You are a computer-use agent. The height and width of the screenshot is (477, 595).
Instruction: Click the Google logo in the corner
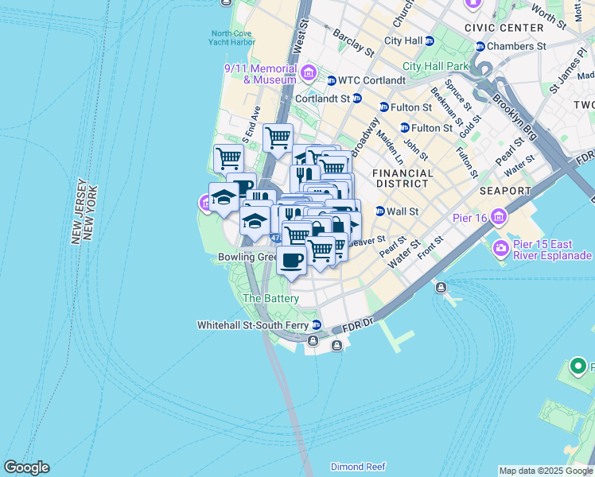point(26,467)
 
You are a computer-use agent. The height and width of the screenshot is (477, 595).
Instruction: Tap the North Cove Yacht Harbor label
point(231,39)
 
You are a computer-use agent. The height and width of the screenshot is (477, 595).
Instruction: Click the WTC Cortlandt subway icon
point(331,80)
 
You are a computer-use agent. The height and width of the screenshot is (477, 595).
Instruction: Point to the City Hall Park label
point(436,66)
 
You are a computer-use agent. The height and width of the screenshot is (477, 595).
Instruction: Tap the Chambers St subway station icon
point(480,47)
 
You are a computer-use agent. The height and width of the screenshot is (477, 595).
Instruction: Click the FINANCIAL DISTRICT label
point(403,179)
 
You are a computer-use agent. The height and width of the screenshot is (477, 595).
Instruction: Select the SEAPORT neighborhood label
point(505,191)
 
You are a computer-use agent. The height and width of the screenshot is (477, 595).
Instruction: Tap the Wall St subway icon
point(380,211)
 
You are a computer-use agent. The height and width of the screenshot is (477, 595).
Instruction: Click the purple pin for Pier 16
point(499,215)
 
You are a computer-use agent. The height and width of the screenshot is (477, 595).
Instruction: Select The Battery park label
point(270,298)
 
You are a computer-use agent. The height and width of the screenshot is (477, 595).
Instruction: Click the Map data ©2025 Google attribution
point(546,471)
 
